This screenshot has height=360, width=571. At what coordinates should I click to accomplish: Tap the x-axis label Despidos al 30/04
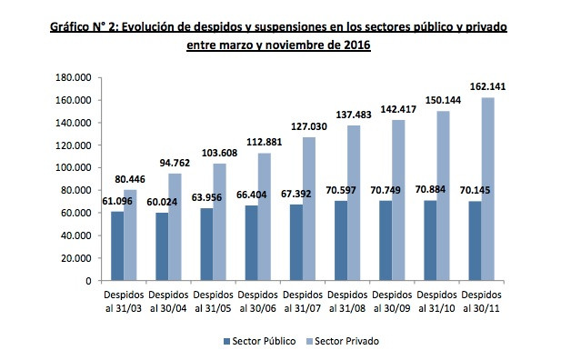click(x=169, y=301)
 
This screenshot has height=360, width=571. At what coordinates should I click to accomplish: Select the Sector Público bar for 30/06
click(x=251, y=243)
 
